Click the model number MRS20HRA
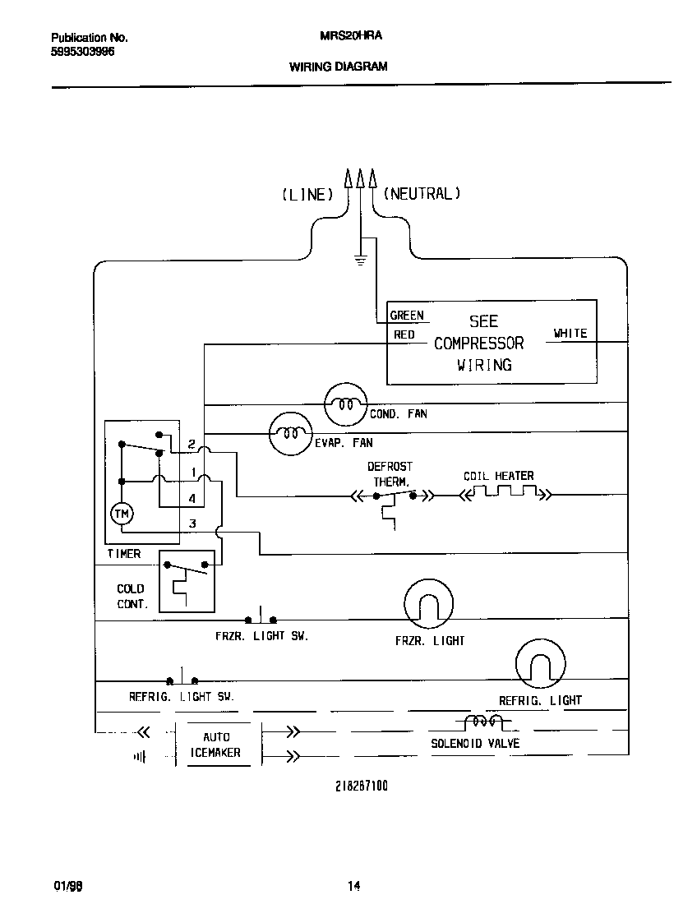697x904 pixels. tap(338, 37)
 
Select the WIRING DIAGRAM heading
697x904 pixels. tap(338, 67)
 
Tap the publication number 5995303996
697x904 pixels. tap(82, 51)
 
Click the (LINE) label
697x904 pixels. tap(307, 195)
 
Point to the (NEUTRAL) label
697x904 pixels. tap(422, 194)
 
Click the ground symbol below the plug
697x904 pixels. tap(359, 261)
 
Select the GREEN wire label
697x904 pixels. tap(407, 316)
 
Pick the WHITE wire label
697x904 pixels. tap(570, 333)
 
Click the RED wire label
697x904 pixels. tap(404, 334)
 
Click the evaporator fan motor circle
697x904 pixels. tap(291, 433)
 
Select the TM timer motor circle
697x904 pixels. tap(122, 514)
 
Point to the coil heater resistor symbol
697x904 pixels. tap(504, 495)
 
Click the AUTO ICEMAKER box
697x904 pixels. tap(216, 745)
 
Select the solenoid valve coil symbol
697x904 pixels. tap(483, 722)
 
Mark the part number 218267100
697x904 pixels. tap(361, 786)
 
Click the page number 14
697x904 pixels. tap(353, 886)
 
